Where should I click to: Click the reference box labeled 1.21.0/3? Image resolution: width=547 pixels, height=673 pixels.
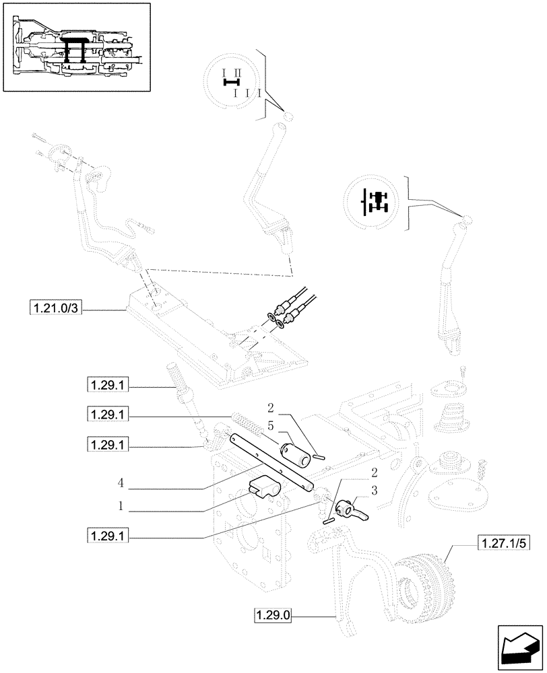pos(55,309)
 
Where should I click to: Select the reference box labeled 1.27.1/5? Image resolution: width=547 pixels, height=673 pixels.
pos(503,542)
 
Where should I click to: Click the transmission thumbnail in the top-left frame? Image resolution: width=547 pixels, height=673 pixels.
pos(75,46)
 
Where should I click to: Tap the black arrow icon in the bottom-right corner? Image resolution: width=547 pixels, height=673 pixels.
pos(519,647)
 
